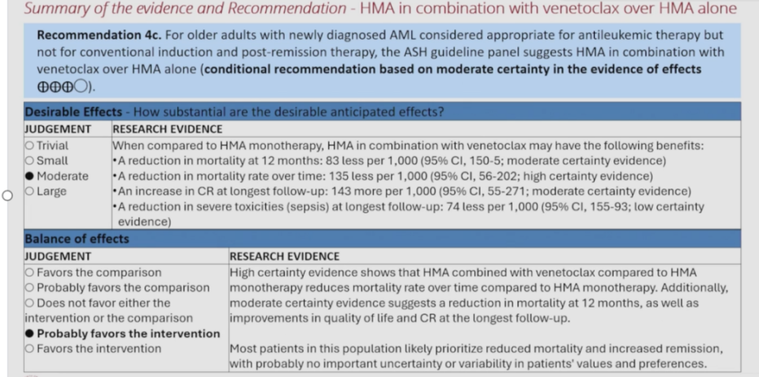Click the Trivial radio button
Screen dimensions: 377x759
[x=29, y=145]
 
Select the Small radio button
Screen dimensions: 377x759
[x=29, y=160]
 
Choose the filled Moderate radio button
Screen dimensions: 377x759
[x=29, y=175]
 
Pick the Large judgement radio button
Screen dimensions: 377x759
[x=29, y=191]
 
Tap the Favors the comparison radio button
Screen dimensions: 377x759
[x=29, y=273]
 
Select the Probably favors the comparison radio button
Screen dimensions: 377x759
[x=29, y=288]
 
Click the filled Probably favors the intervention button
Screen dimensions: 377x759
[x=29, y=334]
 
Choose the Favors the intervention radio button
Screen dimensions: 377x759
[x=29, y=349]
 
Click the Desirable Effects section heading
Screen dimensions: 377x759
[x=73, y=112]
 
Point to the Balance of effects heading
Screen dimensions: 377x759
[x=77, y=239]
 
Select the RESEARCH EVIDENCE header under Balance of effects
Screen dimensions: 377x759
[x=284, y=257]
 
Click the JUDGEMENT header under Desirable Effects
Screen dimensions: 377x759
[x=58, y=129]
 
